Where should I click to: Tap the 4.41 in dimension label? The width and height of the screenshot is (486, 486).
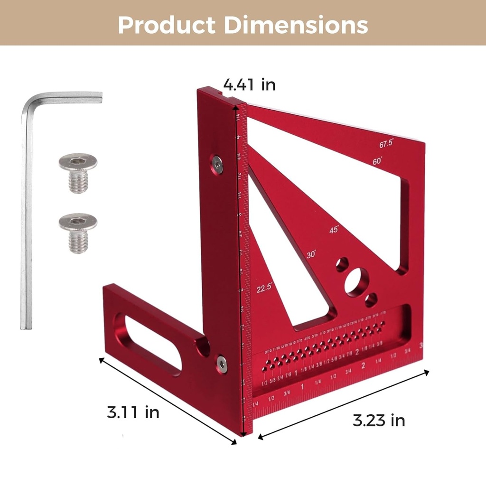point(250,84)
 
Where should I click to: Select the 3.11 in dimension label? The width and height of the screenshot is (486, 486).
point(133,412)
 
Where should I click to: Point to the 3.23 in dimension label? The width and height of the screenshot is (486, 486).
point(379,420)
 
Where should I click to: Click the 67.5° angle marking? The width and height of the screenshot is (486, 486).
point(386,143)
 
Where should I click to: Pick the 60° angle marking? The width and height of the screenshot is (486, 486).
point(377,161)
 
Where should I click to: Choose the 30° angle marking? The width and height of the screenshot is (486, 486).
point(311,254)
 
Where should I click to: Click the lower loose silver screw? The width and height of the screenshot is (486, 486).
point(78,232)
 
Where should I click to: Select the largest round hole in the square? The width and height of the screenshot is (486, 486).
point(356,282)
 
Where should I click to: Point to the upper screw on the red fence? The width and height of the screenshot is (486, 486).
point(217,164)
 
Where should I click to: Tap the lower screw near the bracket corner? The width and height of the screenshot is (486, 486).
point(222,363)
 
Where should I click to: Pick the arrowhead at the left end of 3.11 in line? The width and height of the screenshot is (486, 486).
point(101,360)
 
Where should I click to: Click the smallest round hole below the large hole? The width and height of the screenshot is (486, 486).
point(371,300)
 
